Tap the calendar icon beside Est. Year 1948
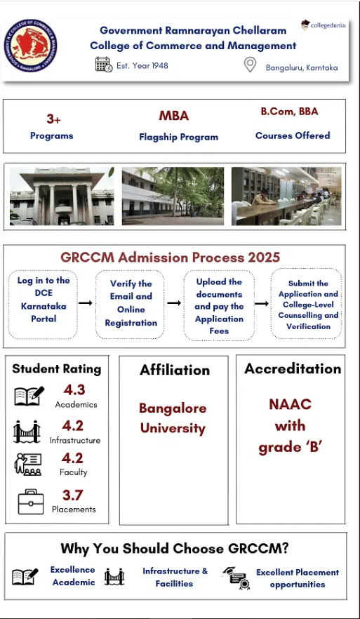[x=104, y=65]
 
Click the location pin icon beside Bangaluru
[x=249, y=65]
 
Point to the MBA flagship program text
[x=173, y=116]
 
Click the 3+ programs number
[x=53, y=119]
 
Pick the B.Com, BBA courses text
[x=290, y=112]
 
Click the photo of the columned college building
[x=62, y=196]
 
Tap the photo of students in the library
[x=286, y=196]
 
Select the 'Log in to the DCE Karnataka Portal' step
[x=44, y=300]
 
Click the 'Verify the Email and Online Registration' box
[x=131, y=303]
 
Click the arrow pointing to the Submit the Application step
[x=262, y=303]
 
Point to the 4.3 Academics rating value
[x=73, y=390]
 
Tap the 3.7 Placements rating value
[x=73, y=495]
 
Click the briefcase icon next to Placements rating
[x=30, y=502]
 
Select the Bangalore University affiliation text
[x=172, y=418]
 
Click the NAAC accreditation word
[x=290, y=404]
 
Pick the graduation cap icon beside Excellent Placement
[x=235, y=578]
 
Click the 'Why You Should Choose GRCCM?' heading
[x=175, y=549]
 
